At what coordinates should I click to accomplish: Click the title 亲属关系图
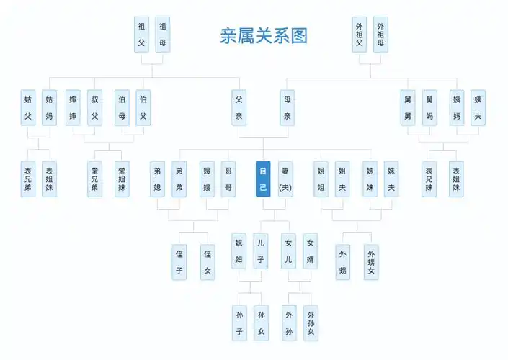coord(263,36)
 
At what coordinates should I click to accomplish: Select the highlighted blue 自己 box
coord(263,179)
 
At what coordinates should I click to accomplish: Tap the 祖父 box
coord(142,35)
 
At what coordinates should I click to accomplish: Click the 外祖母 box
coord(380,35)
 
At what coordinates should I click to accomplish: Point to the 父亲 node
coord(239,107)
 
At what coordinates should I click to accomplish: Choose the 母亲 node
coord(288,107)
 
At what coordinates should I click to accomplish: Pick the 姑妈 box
coord(49,107)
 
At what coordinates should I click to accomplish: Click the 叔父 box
coord(94,107)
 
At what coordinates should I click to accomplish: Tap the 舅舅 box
coord(409,107)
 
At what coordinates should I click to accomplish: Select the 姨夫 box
coord(478,107)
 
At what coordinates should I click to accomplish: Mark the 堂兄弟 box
coord(94,179)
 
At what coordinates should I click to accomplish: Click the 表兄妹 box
coord(429,179)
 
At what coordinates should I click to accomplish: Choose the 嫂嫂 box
coord(207,179)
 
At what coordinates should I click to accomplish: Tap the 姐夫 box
coord(342,179)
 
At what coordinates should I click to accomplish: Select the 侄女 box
coord(208,261)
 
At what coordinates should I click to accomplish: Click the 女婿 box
coord(310,251)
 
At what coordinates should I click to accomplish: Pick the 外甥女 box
coord(371,261)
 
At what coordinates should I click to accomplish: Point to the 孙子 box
coord(240,323)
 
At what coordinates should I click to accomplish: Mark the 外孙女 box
coord(310,323)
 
